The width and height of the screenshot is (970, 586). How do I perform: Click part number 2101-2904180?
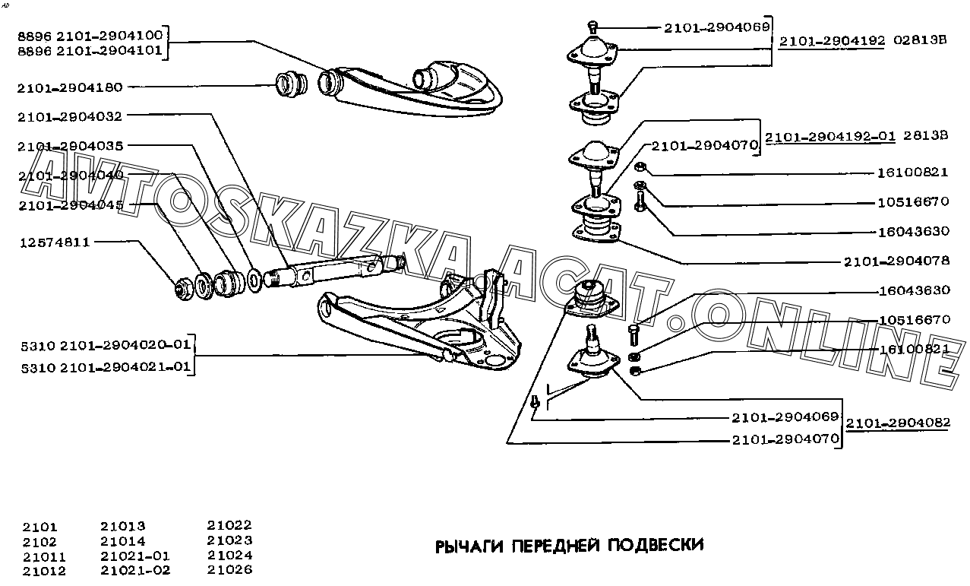click(70, 87)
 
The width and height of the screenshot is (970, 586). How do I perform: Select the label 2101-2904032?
click(70, 116)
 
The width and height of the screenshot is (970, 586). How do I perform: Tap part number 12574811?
click(55, 242)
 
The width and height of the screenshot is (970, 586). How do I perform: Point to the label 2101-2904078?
click(896, 261)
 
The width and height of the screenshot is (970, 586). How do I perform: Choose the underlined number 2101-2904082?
click(898, 423)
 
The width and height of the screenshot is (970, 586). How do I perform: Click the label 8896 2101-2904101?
click(90, 51)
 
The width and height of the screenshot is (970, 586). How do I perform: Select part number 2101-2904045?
click(70, 205)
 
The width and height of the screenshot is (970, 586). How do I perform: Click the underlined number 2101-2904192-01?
click(830, 138)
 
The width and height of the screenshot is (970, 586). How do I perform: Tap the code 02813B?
click(920, 41)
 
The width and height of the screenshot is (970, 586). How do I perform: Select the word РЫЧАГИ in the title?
click(469, 545)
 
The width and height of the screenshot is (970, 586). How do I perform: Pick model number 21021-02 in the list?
click(135, 570)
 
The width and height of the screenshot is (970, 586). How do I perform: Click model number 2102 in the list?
click(39, 542)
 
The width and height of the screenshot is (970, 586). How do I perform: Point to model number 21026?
click(229, 569)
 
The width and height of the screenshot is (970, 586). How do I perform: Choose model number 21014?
click(122, 541)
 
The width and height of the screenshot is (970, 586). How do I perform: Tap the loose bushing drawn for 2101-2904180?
click(289, 84)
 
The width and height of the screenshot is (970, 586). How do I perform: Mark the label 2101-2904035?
click(70, 145)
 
